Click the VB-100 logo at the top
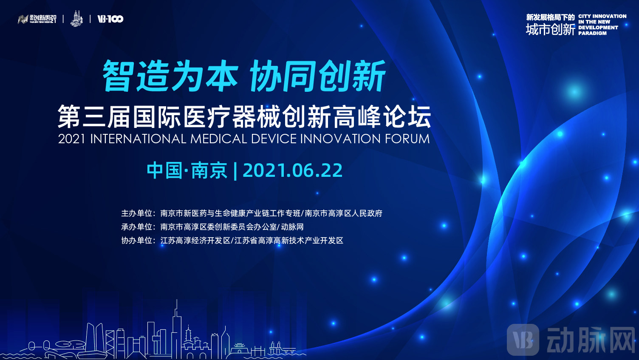coord(110,19)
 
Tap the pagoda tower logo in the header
coord(76,19)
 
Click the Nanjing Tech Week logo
coord(37,19)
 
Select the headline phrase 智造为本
coord(170,76)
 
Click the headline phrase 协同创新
coord(318,76)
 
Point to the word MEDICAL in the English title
coord(218,139)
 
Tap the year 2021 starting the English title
coord(72,139)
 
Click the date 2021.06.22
coord(292,170)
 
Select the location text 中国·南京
coord(187,170)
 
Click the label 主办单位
coord(137,213)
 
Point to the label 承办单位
coord(137,227)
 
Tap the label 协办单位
coord(137,241)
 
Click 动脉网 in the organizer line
coord(292,227)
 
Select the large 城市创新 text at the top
coord(550,29)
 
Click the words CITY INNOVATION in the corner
coord(602,16)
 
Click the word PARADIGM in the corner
coord(592,33)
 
